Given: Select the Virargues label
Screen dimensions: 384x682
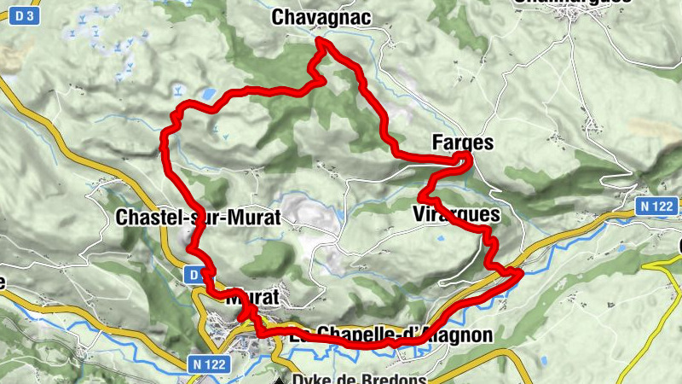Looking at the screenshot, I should coord(454,214).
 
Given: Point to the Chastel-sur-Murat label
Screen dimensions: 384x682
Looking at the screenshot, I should coord(197,218).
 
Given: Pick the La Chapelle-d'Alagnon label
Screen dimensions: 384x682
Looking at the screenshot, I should coord(391,335).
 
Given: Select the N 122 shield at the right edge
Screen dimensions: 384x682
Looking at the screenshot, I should coord(659,206).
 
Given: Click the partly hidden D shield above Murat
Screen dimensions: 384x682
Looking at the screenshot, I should coord(194,275).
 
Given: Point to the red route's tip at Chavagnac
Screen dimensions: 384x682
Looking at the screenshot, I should coord(321,40).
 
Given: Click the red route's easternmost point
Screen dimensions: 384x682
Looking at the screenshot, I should coord(520,272).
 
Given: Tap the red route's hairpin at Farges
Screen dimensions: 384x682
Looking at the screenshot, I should coord(468,158).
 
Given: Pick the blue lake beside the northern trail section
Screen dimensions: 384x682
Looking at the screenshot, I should coord(208,92).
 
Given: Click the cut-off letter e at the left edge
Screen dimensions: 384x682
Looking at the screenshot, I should coord(3,282).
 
